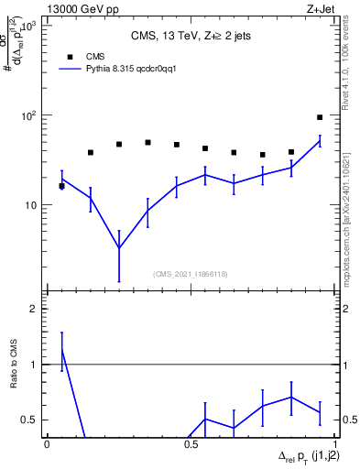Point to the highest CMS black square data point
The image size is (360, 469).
pyautogui.click(x=320, y=117)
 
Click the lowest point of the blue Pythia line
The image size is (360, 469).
pyautogui.click(x=119, y=247)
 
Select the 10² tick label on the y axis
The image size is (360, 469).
pyautogui.click(x=29, y=115)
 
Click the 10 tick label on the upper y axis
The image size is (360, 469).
pyautogui.click(x=33, y=204)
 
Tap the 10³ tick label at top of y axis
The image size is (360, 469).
pyautogui.click(x=29, y=27)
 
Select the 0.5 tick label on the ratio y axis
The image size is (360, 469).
pyautogui.click(x=31, y=420)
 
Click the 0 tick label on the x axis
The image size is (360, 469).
pyautogui.click(x=47, y=443)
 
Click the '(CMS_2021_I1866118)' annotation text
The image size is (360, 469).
pyautogui.click(x=190, y=274)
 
